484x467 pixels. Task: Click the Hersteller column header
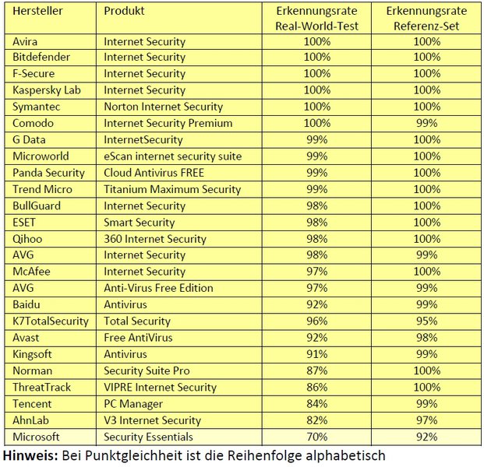pyautogui.click(x=37, y=12)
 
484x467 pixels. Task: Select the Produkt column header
pyautogui.click(x=125, y=12)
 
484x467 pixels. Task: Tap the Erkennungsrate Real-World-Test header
pyautogui.click(x=316, y=19)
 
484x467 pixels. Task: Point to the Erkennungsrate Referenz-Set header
pyautogui.click(x=426, y=19)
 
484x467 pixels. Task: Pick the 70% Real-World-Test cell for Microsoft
pyautogui.click(x=316, y=437)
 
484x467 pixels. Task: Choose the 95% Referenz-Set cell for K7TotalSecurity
pyautogui.click(x=426, y=321)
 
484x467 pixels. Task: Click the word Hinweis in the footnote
pyautogui.click(x=28, y=455)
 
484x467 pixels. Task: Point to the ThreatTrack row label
pyautogui.click(x=42, y=387)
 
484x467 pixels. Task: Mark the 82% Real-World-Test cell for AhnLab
pyautogui.click(x=316, y=420)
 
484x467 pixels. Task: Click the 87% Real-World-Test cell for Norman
pyautogui.click(x=316, y=370)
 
